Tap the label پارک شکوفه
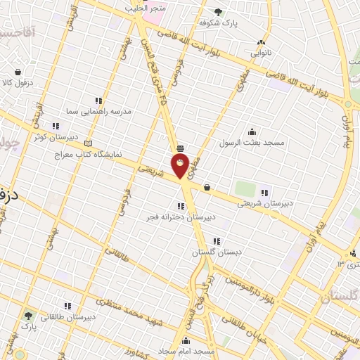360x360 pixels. click(218, 22)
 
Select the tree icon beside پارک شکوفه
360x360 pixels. click(218, 11)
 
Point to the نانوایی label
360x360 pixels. click(262, 51)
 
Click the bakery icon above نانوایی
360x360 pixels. click(262, 41)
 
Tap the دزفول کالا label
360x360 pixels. click(17, 82)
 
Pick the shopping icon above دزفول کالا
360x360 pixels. click(17, 71)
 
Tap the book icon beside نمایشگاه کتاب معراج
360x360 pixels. click(88, 143)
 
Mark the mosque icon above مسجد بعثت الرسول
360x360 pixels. click(252, 131)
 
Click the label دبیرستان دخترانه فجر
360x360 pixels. click(181, 217)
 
